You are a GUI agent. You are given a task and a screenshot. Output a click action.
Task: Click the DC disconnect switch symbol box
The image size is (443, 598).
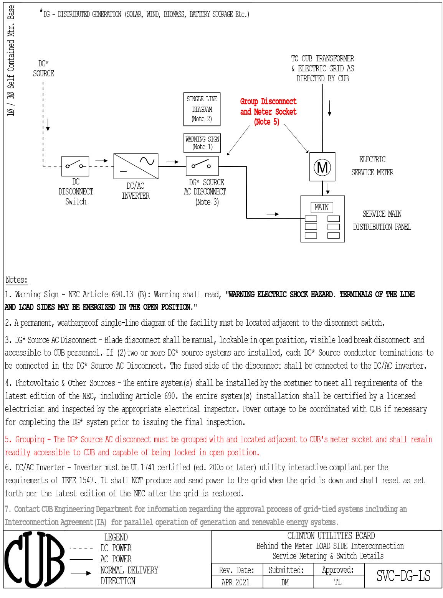tap(75, 166)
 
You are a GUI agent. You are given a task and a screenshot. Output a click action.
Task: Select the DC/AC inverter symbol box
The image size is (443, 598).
tap(136, 166)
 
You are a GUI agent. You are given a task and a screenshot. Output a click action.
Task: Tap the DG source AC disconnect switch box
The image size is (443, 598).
tap(202, 166)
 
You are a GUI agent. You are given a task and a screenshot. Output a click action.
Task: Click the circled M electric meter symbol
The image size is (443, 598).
tap(322, 167)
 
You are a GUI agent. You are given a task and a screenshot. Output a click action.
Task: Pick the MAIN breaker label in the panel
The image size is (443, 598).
tap(321, 208)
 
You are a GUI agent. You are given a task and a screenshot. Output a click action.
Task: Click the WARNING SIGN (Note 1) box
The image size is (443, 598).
tap(202, 143)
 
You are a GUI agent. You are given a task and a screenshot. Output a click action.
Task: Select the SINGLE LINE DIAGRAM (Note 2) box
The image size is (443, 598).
tap(202, 109)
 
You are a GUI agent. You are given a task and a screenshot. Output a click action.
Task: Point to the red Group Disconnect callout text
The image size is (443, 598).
tap(268, 111)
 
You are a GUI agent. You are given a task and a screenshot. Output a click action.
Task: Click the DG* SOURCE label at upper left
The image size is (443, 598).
tap(43, 69)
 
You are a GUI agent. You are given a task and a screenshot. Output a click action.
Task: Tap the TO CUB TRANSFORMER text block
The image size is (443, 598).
tap(322, 68)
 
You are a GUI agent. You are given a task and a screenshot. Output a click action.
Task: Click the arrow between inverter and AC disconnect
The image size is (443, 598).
tap(172, 162)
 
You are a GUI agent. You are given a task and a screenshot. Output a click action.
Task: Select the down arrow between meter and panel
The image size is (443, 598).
tap(328, 188)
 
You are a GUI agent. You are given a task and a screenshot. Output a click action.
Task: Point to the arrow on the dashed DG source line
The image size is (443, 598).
tap(48, 125)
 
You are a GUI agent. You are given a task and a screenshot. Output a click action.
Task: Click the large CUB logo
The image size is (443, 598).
tap(34, 559)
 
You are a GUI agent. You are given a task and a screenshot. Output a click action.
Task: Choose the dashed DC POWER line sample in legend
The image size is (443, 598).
tap(81, 549)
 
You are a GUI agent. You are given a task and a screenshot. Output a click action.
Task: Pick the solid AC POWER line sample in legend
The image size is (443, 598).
tap(81, 560)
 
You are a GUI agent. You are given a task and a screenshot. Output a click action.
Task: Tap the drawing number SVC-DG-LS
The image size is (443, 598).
tap(403, 576)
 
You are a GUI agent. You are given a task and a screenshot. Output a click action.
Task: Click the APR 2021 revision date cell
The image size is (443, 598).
tap(235, 582)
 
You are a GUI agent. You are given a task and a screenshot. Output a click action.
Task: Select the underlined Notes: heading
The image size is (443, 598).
tap(17, 280)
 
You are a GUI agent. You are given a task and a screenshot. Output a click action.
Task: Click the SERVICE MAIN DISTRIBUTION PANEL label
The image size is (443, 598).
tap(382, 220)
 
